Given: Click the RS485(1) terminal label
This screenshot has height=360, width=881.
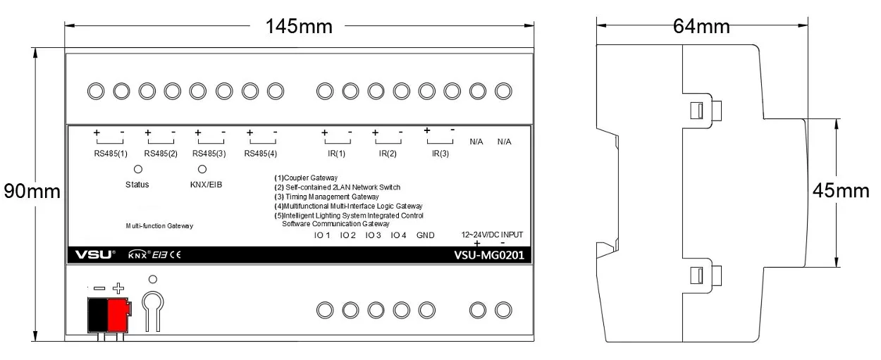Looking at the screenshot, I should coord(111,153).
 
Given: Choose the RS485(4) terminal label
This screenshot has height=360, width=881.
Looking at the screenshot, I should coord(261,153).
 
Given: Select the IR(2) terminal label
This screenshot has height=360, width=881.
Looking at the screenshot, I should coord(388,153).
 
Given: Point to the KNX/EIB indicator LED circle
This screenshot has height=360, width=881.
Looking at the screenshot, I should coord(202,169).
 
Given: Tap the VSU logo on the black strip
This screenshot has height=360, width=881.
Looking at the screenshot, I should coord(92,255).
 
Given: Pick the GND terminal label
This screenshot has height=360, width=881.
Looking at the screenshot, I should coord(426,235).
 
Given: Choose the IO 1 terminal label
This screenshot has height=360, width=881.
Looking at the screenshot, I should coord(322,235).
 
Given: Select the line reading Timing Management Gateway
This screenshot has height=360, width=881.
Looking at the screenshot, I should coord(327,197).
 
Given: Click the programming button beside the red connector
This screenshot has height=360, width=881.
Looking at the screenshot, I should coord(152,304).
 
